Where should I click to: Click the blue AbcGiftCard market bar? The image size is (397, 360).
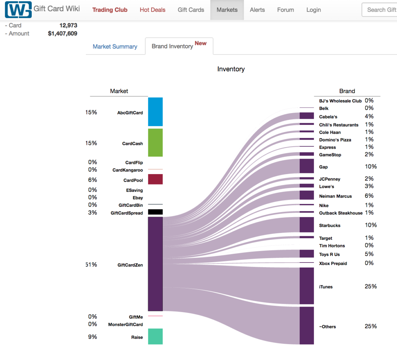155,112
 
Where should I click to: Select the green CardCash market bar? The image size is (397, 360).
155,143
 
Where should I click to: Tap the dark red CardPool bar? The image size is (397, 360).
155,179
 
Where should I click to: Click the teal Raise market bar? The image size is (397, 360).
155,337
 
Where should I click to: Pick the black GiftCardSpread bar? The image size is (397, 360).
155,212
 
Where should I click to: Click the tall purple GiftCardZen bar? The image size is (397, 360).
155,264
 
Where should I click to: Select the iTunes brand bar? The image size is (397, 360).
306,286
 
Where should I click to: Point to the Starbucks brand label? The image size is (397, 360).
330,225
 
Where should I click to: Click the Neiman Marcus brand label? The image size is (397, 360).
335,196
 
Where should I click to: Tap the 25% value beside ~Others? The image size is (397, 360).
371,326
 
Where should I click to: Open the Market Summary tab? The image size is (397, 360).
115,47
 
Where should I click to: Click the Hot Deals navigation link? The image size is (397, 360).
152,10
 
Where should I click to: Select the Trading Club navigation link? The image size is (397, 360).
110,10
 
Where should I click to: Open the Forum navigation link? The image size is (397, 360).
285,10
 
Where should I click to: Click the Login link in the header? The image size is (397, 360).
313,10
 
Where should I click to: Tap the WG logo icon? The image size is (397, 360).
18,10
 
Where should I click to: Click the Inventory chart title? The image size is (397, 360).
231,69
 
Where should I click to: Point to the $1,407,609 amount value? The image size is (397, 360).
62,34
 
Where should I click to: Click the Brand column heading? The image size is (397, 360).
347,91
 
